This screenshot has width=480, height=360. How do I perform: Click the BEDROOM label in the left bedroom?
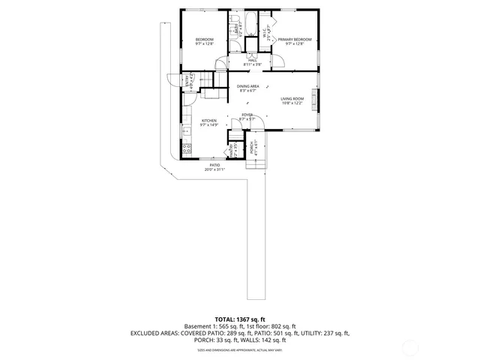point(205,39)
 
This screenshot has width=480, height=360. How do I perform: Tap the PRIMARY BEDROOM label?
point(294,39)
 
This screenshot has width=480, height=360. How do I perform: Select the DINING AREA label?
point(248,87)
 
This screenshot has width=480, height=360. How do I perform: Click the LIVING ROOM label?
point(292,99)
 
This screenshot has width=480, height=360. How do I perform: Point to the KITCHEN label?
point(208,120)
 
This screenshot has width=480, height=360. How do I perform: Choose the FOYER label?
point(247,115)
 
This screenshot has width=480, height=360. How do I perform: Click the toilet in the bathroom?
point(233,17)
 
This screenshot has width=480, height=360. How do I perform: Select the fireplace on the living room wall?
point(315,97)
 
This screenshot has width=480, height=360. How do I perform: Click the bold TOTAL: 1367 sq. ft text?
point(240,319)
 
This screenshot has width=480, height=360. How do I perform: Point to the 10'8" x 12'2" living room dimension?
point(292,103)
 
